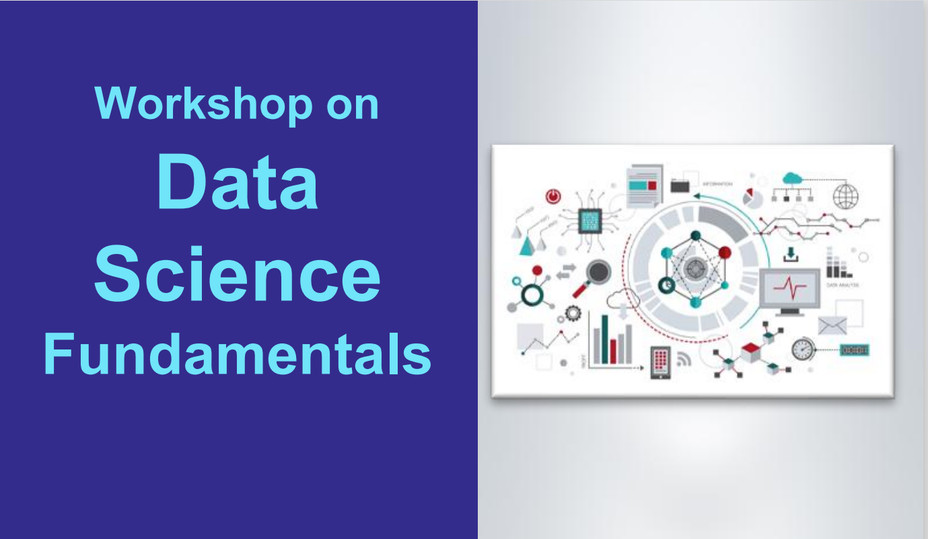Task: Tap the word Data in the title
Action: point(238,183)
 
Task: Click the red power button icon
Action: point(552,197)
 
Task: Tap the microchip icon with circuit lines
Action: point(590,220)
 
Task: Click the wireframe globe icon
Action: point(846,196)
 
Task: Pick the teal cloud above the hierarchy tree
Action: point(793,178)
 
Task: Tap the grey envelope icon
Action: point(832,325)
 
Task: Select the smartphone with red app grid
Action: point(660,362)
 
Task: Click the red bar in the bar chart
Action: point(613,351)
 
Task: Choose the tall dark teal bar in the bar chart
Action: point(604,339)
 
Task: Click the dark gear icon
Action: point(573,313)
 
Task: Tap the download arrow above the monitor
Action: point(791,255)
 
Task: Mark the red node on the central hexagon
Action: point(724,253)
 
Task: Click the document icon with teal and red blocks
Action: point(644,187)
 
